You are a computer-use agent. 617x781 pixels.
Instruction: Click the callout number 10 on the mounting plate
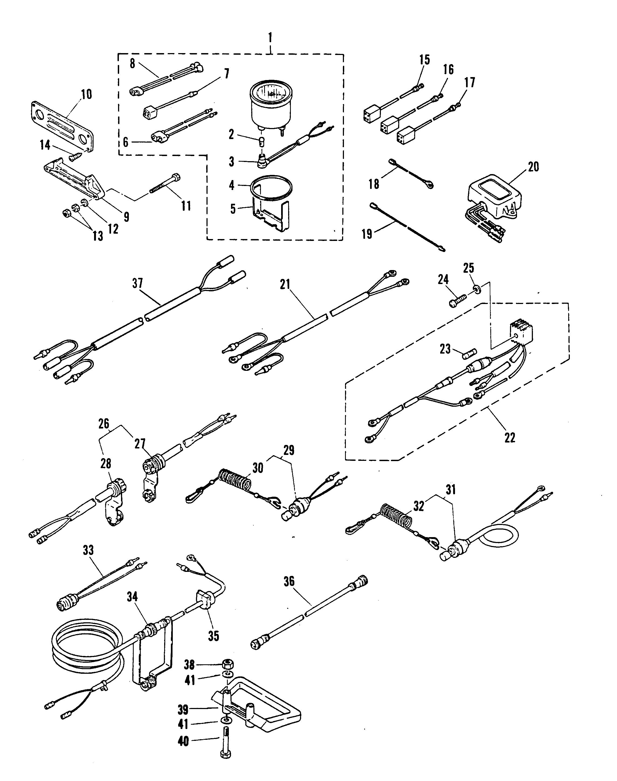pos(86,95)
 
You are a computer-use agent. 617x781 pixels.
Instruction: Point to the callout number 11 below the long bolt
pos(186,206)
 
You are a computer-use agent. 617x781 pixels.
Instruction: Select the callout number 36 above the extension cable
pos(289,581)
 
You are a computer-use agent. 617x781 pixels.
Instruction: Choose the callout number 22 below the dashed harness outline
pos(510,437)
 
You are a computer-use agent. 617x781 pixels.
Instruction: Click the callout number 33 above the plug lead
pos(88,550)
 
